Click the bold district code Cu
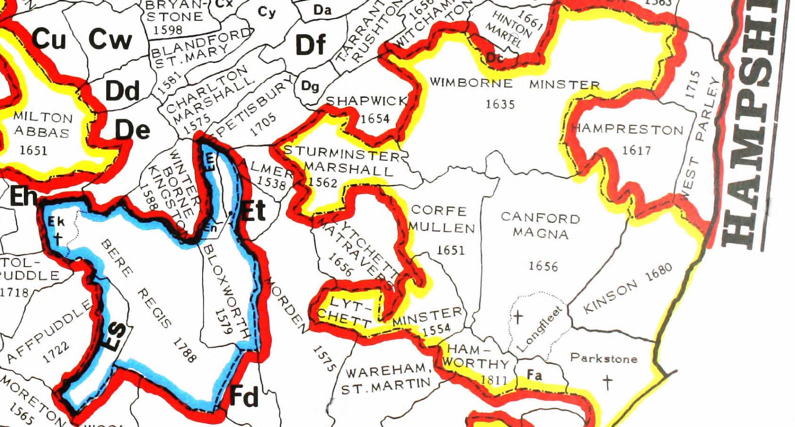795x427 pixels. click(50, 39)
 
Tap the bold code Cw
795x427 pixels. click(110, 40)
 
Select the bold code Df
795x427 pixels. click(310, 45)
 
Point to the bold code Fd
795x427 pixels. click(244, 396)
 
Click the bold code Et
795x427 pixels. click(253, 211)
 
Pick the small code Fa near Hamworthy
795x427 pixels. click(534, 375)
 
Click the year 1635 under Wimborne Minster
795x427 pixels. click(500, 104)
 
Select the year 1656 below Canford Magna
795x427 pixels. click(543, 267)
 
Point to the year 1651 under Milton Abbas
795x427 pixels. click(33, 149)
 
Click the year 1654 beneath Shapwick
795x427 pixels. click(375, 119)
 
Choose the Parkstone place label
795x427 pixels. click(603, 358)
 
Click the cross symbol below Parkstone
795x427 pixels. click(607, 382)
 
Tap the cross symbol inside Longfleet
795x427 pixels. click(517, 316)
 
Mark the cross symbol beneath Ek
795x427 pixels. click(58, 238)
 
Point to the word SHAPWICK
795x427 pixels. click(366, 101)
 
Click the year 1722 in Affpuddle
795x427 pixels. click(56, 353)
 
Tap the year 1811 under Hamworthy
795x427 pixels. click(494, 380)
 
